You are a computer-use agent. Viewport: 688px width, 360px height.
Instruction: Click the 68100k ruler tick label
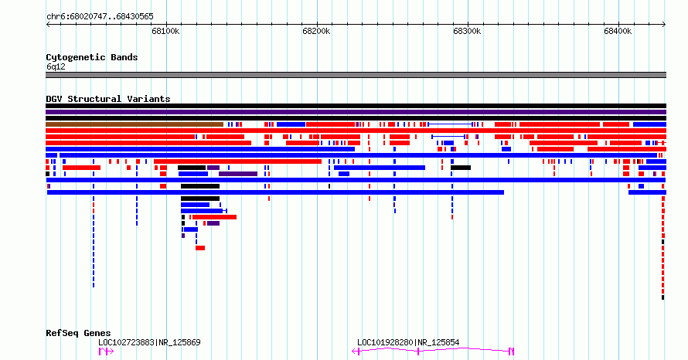point(165,31)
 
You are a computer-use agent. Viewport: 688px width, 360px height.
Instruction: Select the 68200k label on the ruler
point(316,31)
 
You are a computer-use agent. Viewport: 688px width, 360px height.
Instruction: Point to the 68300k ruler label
point(467,31)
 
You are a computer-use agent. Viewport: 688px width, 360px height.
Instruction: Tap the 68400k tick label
point(618,31)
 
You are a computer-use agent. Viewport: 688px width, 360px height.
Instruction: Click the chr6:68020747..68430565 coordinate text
point(100,17)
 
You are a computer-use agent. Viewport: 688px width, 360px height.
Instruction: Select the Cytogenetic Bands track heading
point(92,57)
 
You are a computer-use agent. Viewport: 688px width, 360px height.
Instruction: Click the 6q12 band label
point(56,66)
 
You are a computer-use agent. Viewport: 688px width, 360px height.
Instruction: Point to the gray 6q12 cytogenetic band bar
point(356,75)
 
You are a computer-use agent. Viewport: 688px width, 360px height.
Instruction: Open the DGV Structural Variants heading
point(108,99)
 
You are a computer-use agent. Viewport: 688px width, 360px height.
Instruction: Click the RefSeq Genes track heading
point(78,333)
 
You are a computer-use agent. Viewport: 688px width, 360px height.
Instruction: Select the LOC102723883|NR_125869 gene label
point(149,342)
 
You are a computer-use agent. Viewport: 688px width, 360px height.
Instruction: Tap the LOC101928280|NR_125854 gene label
point(408,342)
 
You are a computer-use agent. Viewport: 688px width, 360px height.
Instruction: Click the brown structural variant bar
point(135,124)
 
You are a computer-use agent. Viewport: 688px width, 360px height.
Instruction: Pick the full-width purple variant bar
point(356,112)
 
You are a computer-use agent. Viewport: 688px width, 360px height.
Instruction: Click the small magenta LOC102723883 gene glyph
point(106,352)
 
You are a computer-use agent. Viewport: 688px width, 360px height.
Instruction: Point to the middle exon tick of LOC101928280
point(418,352)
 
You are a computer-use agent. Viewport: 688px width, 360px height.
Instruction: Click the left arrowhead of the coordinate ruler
point(48,25)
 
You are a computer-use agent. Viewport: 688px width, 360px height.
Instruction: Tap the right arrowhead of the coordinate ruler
point(664,25)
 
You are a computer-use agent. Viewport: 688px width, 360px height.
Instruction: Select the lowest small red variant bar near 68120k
point(200,248)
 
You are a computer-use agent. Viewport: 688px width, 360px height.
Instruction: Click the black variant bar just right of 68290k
point(461,168)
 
